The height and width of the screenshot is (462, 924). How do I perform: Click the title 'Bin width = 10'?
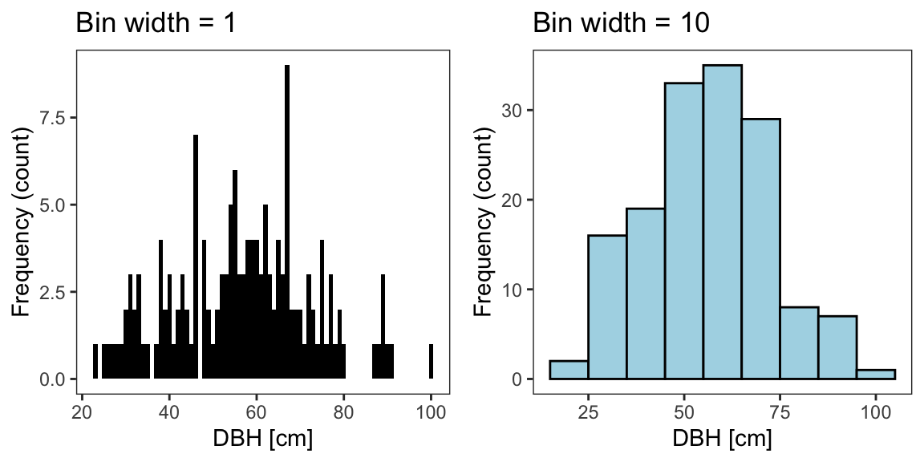point(621,24)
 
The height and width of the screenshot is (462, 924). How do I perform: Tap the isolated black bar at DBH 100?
point(431,362)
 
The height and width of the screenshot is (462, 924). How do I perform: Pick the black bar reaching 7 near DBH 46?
point(196,257)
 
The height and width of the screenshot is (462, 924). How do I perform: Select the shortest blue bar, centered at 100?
point(876,374)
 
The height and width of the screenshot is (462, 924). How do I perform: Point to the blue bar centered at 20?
point(569,370)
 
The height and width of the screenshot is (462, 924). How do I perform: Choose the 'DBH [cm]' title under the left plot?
point(261,440)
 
